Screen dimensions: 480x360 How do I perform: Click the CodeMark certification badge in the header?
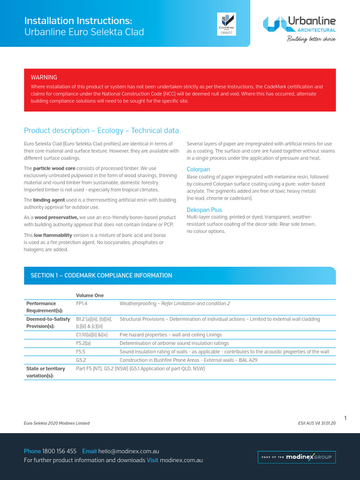(226, 23)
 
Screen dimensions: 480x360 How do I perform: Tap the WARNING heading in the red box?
(44, 77)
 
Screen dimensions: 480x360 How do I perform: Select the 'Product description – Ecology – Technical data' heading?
(101, 130)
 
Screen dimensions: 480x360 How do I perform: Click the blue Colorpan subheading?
(198, 169)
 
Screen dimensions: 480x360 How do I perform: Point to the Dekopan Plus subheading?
(204, 210)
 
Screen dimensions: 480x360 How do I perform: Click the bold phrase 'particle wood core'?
(54, 168)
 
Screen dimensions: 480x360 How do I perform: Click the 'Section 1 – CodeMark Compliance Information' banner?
(180, 276)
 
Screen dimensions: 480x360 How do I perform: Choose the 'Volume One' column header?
(90, 295)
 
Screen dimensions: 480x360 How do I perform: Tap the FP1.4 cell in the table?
(82, 303)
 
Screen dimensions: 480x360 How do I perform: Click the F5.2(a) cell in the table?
(83, 343)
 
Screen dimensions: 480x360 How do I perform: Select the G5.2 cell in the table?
(81, 360)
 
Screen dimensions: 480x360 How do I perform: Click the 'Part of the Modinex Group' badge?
(297, 457)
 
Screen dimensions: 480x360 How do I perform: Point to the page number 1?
(345, 418)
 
